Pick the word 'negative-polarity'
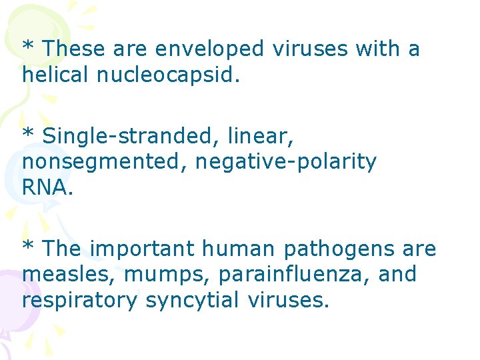click(x=286, y=162)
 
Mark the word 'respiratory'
click(x=80, y=300)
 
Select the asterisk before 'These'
click(x=28, y=46)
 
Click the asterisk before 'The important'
click(x=28, y=246)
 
